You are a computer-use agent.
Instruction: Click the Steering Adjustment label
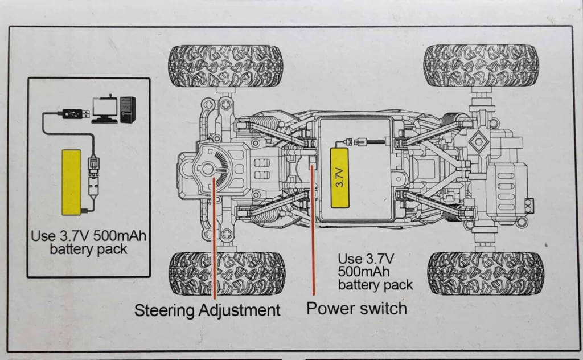[207, 310]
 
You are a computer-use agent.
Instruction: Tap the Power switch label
[357, 308]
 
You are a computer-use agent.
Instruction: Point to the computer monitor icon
[105, 108]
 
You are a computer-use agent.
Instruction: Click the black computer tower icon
[128, 109]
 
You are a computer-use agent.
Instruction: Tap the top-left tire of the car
[225, 66]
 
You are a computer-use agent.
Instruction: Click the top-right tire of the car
[481, 65]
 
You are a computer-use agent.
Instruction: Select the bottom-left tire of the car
[227, 273]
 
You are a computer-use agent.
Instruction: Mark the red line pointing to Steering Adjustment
[214, 239]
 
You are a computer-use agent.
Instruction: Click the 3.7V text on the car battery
[339, 178]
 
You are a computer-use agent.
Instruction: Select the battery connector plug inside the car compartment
[358, 142]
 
